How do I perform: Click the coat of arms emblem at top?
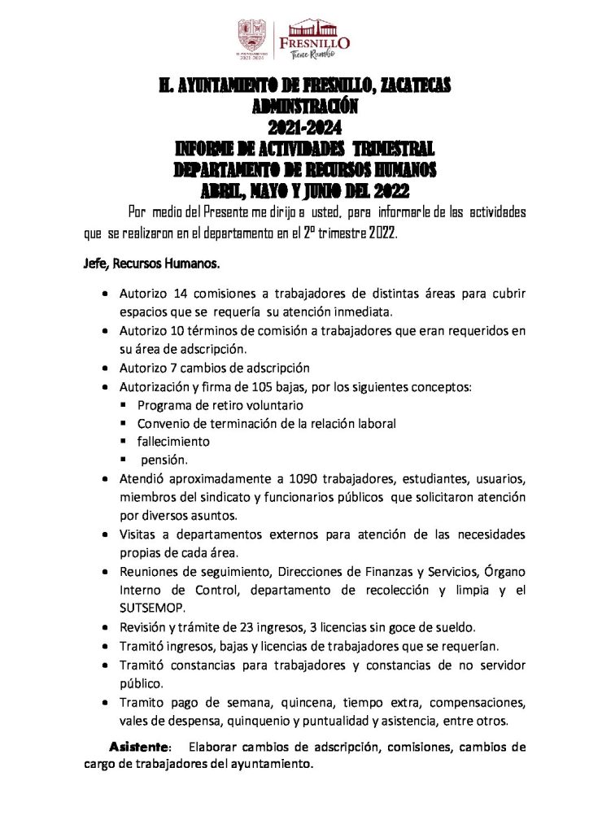point(251,36)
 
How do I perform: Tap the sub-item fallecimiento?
point(173,441)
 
